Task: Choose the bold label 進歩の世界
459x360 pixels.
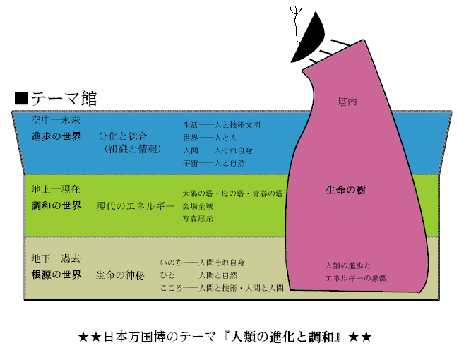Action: [x=56, y=136]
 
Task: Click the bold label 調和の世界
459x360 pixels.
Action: [x=56, y=205]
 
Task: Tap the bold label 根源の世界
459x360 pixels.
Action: [x=56, y=275]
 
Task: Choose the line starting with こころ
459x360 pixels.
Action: [x=221, y=288]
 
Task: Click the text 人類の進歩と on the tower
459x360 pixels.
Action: [x=347, y=265]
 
